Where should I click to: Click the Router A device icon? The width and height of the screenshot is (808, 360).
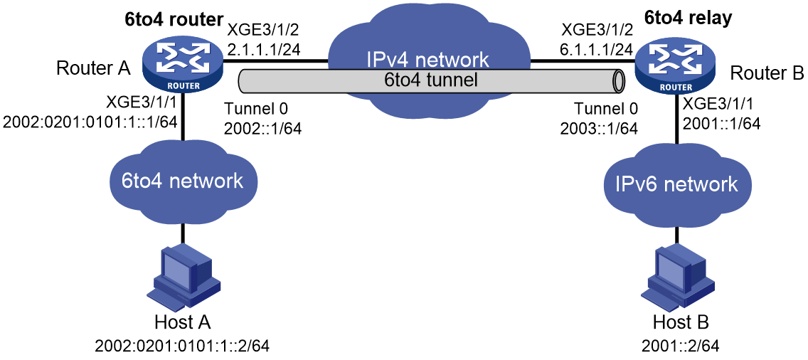click(184, 67)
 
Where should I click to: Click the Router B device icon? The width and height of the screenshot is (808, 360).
click(675, 67)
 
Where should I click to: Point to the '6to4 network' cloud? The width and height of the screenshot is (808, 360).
click(182, 181)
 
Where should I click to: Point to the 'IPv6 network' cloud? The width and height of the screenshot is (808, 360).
click(676, 184)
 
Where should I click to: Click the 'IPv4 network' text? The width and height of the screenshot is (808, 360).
click(427, 60)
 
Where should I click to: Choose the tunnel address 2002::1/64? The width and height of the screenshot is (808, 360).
click(262, 127)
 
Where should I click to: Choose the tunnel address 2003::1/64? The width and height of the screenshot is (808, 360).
click(600, 127)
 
